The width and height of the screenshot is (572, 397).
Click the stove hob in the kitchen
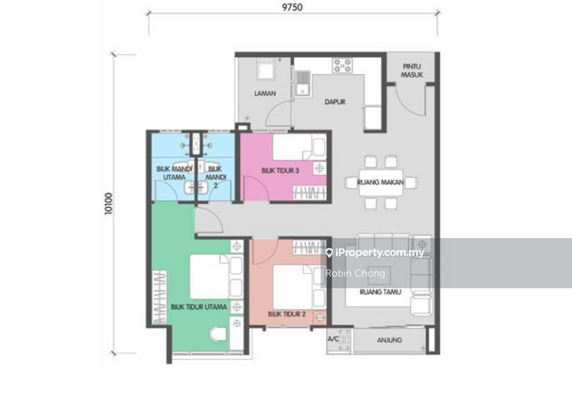pyautogui.click(x=341, y=67)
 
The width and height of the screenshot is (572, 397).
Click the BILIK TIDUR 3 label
pyautogui.click(x=280, y=169)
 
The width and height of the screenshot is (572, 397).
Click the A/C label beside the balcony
pyautogui.click(x=333, y=340)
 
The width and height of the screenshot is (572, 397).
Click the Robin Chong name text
pyautogui.click(x=355, y=273)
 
